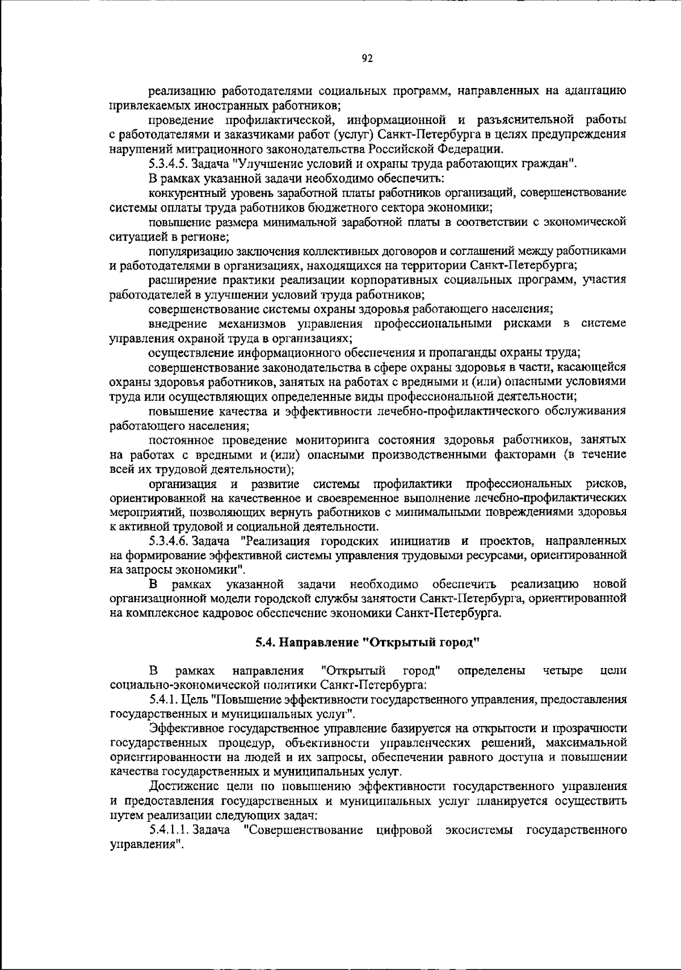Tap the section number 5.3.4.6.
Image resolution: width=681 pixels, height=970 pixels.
pyautogui.click(x=170, y=540)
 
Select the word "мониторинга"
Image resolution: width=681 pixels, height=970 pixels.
pyautogui.click(x=336, y=440)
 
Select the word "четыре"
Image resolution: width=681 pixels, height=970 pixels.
pyautogui.click(x=562, y=671)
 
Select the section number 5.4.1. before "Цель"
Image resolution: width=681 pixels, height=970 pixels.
pyautogui.click(x=162, y=700)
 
